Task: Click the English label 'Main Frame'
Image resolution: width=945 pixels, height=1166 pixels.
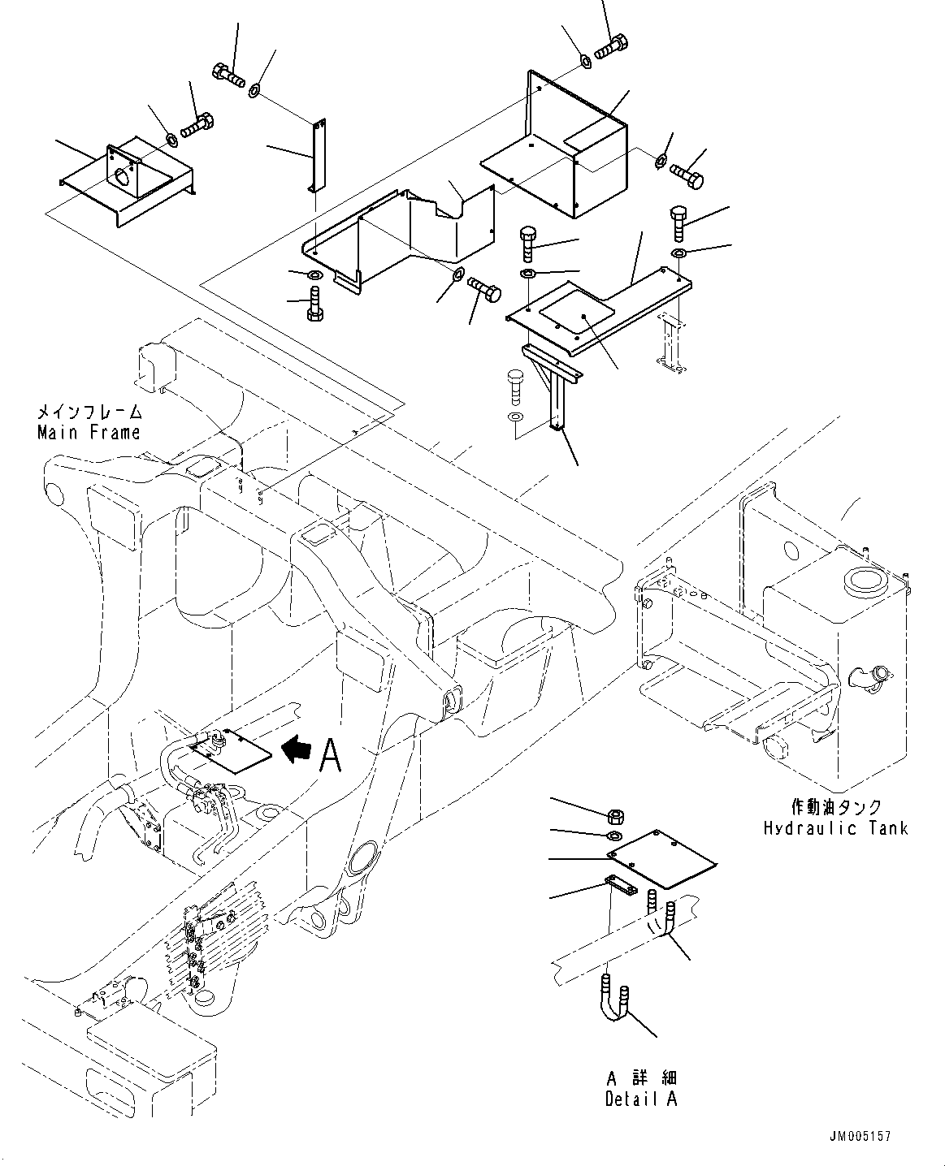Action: pos(89,433)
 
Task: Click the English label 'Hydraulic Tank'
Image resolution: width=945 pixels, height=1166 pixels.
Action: pos(834,828)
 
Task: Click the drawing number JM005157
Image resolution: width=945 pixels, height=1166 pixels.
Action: pos(867,1138)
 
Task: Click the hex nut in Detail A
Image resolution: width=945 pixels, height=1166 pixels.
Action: pos(615,815)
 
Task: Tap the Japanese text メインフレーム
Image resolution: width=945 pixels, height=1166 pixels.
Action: pos(89,413)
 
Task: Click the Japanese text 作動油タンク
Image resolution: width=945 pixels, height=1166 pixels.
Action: pos(835,808)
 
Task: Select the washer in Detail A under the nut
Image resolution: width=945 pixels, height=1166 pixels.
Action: pos(614,836)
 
